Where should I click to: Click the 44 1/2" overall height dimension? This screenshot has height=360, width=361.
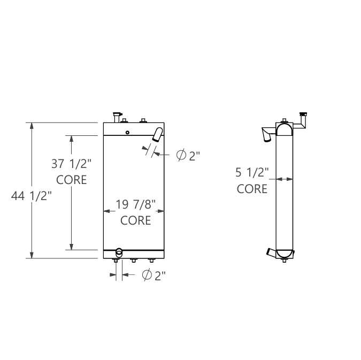click(31, 196)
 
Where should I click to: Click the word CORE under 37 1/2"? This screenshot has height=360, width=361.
click(71, 180)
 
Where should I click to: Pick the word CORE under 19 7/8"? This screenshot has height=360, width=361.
click(135, 220)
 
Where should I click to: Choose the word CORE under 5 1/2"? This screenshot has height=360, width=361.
click(252, 189)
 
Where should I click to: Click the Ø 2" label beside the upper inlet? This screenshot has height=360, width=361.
click(188, 156)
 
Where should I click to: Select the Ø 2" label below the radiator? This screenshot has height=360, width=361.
click(153, 275)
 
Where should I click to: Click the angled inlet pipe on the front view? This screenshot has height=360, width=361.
click(158, 134)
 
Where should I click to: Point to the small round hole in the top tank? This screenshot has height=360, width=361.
click(127, 133)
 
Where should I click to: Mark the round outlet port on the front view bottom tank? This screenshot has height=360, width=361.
click(119, 251)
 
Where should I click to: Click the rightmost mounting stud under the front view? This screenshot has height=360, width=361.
click(151, 261)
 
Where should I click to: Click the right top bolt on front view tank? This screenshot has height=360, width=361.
click(143, 120)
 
